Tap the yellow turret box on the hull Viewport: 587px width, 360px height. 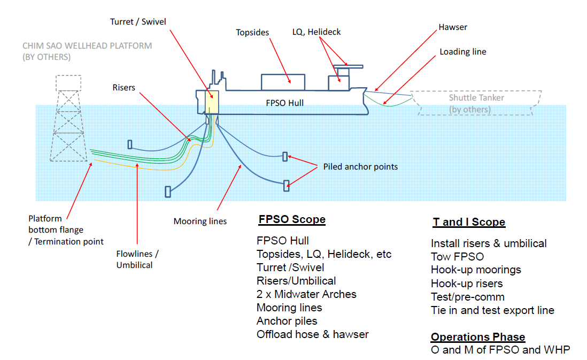tap(212, 102)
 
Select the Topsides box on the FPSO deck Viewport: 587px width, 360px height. tap(283, 82)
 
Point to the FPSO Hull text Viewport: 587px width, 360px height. tap(284, 102)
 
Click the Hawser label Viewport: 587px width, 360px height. tap(452, 27)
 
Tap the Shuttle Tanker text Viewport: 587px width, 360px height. tap(476, 98)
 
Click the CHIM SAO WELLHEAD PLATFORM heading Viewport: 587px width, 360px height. tap(87, 46)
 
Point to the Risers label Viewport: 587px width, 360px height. tap(123, 87)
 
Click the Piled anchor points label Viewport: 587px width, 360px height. tap(360, 166)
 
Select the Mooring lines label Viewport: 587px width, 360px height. tap(200, 221)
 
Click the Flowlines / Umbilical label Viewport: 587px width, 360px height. tap(137, 259)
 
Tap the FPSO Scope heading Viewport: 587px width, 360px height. tap(292, 219)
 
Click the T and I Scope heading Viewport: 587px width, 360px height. tap(469, 223)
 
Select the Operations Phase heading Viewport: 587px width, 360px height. tap(478, 337)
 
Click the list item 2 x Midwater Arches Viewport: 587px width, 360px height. tap(306, 294)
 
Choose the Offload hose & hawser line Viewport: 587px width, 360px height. tap(312, 334)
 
